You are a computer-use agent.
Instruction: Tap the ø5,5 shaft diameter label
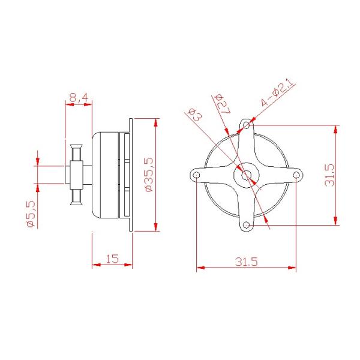(x=32, y=214)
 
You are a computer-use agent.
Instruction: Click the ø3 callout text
(x=194, y=114)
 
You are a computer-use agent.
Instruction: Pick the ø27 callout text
(x=219, y=103)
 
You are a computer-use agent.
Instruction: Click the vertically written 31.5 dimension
(x=329, y=174)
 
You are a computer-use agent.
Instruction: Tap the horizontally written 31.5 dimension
(x=246, y=262)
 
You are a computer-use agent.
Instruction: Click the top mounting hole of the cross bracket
(x=247, y=125)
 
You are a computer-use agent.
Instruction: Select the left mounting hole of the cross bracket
(x=197, y=175)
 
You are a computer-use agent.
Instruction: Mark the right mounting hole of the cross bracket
(x=296, y=175)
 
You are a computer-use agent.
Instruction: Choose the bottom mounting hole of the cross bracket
(x=246, y=225)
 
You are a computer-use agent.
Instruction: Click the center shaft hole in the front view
(x=247, y=175)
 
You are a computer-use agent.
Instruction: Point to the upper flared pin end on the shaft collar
(x=76, y=148)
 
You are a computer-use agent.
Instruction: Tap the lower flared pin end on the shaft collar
(x=76, y=200)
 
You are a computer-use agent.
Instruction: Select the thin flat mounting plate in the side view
(x=130, y=174)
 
